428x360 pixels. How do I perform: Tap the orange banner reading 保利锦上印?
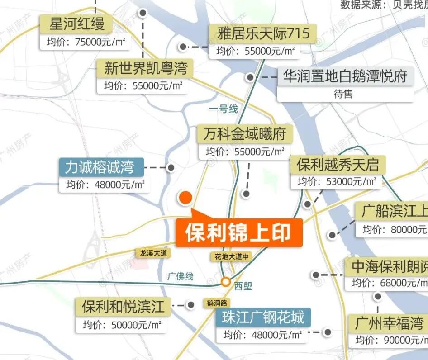tap(238, 233)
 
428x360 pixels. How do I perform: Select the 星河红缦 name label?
tap(77, 24)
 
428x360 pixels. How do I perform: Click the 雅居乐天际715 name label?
tap(263, 33)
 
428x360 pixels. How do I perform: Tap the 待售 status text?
tap(343, 94)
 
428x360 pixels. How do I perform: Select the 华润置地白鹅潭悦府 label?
tap(345, 76)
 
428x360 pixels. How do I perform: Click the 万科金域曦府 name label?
tap(244, 134)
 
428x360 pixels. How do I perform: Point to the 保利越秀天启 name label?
tap(338, 164)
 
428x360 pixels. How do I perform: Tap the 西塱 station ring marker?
tap(225, 283)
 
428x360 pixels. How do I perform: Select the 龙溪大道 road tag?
tap(154, 253)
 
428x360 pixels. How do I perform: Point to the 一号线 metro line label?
tap(223, 109)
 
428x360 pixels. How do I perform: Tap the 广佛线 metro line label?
tap(180, 276)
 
